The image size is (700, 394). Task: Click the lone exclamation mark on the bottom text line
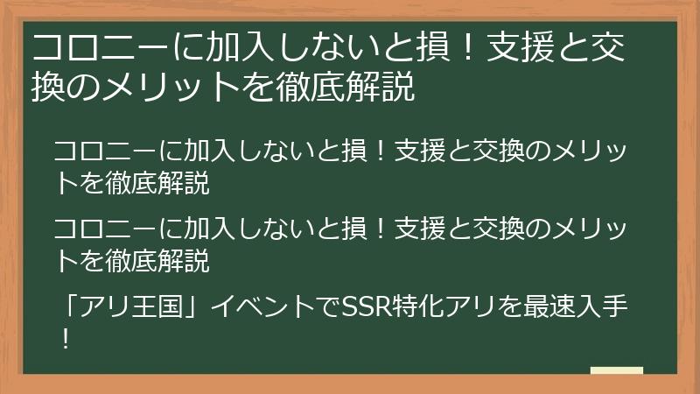coord(65,338)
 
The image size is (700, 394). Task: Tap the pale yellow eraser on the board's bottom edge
coord(616,371)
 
